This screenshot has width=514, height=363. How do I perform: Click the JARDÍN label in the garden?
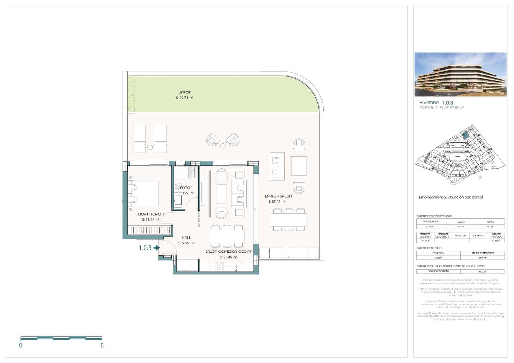[x=185, y=92]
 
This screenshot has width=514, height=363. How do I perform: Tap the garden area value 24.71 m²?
[x=185, y=98]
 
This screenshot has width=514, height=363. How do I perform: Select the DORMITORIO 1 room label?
[x=151, y=214]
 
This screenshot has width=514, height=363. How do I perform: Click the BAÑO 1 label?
[x=186, y=188]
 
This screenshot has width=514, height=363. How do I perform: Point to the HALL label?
[x=186, y=238]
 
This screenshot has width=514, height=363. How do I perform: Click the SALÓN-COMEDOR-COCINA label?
[x=229, y=252]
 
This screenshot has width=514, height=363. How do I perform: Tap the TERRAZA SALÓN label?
[x=277, y=196]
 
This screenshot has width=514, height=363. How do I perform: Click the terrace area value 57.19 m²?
[x=277, y=202]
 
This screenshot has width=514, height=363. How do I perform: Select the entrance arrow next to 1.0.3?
[x=156, y=248]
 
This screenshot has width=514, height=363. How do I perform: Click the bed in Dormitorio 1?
[x=144, y=193]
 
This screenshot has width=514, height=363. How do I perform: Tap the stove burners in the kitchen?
[x=219, y=267]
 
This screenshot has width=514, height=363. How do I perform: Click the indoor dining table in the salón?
[x=226, y=236]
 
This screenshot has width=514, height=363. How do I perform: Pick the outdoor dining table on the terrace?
[x=288, y=220]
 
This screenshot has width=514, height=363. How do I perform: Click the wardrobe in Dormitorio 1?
[x=149, y=230]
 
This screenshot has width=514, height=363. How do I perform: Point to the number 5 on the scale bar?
[x=102, y=346]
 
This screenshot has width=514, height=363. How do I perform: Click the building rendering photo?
[x=460, y=75]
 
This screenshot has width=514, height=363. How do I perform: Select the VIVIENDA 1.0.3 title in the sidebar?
[x=436, y=102]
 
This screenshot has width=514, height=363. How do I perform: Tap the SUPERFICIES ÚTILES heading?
[x=429, y=248]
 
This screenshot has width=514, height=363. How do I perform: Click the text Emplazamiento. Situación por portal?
[x=450, y=197]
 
